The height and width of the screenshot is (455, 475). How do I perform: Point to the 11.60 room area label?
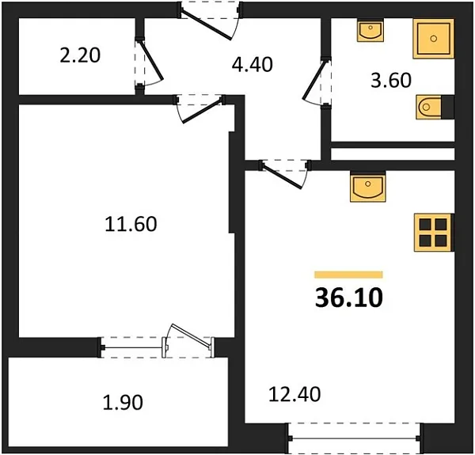coord(131,224)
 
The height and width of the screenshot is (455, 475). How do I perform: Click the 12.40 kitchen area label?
coord(294,393)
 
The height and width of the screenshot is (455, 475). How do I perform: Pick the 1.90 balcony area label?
coord(123,403)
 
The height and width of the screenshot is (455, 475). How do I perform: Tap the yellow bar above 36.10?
coord(348,275)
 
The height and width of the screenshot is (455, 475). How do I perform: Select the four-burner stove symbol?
coord(432,232)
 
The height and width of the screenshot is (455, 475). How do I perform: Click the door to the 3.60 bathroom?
coord(317,81)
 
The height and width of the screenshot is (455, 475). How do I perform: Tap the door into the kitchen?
coord(283,172)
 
